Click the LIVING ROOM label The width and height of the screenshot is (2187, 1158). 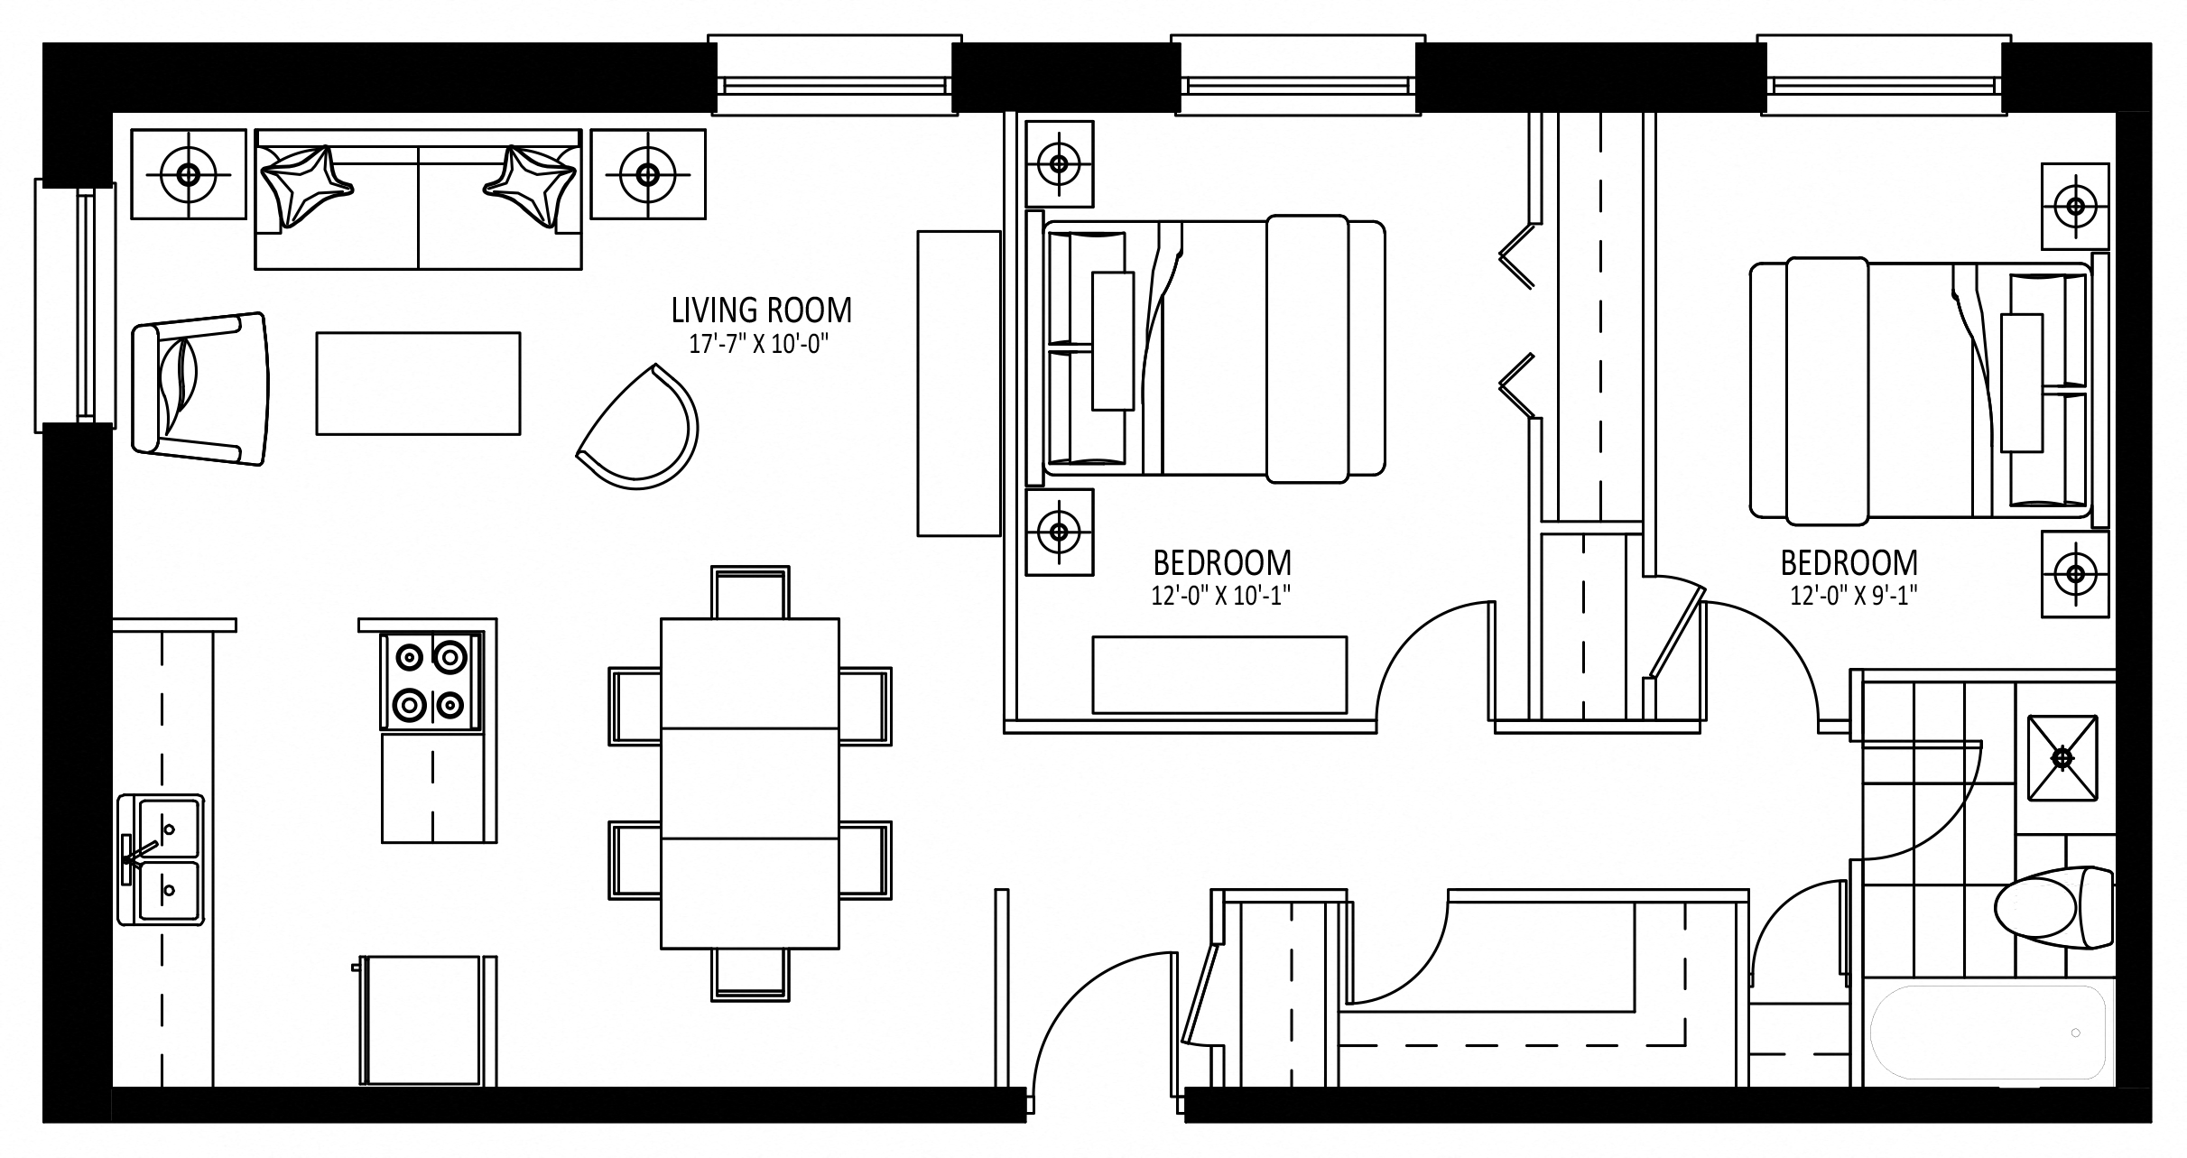coord(761,310)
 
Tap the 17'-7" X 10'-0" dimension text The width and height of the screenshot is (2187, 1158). coord(758,344)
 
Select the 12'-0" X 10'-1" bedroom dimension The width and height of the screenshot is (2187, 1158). coord(1222,596)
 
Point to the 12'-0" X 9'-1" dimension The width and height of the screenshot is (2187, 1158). coord(1848,596)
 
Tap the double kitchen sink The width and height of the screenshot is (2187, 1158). coord(161,858)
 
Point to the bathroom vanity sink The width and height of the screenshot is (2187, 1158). coord(2062,757)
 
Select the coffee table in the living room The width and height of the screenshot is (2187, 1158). coord(418,384)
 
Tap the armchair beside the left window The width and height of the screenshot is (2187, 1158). coord(200,389)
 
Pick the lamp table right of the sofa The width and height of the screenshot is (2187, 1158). coord(648,174)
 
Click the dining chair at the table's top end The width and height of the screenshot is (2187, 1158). coord(750,592)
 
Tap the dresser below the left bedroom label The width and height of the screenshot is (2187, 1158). coord(1219,675)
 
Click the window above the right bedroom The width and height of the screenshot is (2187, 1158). coord(1884,77)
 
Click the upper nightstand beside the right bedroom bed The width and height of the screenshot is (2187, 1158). coord(2076,206)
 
